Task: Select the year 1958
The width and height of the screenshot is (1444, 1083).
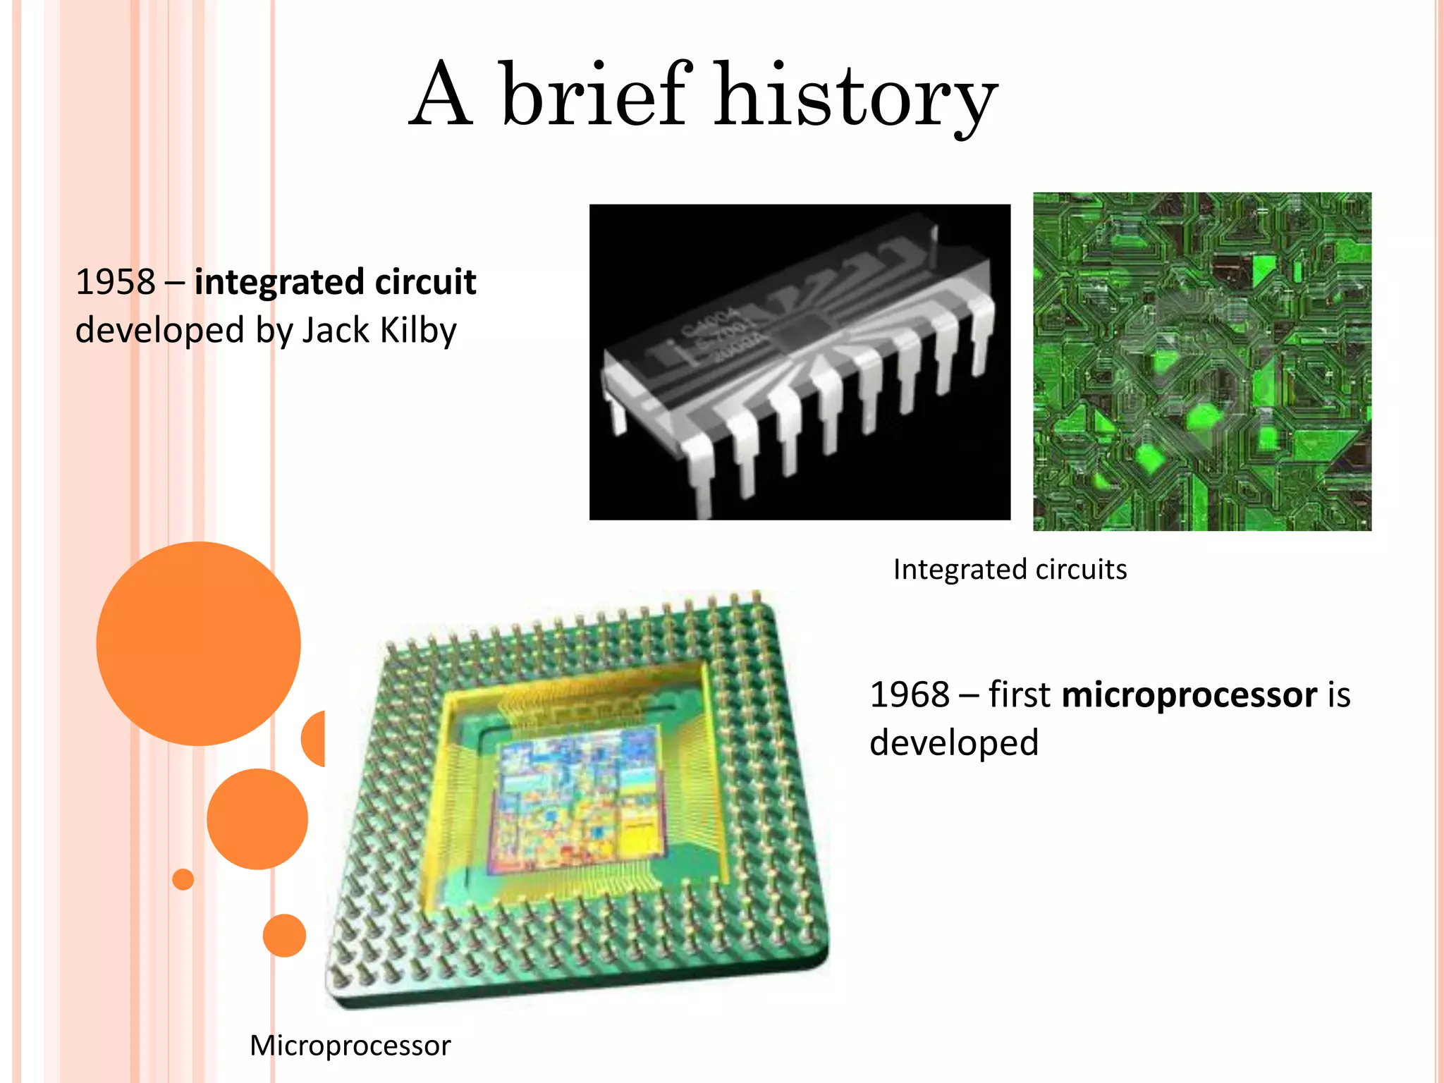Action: point(115,282)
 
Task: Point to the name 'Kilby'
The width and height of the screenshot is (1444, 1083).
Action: point(418,330)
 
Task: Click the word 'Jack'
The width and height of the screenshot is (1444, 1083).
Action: point(336,330)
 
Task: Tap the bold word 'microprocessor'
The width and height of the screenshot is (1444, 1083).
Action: point(1189,695)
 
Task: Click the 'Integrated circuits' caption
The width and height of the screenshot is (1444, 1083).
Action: point(1010,569)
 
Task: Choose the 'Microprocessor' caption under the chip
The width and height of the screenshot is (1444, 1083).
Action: point(350,1045)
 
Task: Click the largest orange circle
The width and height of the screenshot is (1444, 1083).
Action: point(198,643)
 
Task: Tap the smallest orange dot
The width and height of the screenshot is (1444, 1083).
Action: point(183,879)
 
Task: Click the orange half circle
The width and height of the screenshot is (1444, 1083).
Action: point(314,738)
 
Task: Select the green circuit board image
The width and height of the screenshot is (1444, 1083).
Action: point(1202,361)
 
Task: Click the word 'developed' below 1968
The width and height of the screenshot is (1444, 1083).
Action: point(954,743)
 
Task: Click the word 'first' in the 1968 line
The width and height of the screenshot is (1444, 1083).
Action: point(1019,695)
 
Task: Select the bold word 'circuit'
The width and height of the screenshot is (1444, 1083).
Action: point(425,282)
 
